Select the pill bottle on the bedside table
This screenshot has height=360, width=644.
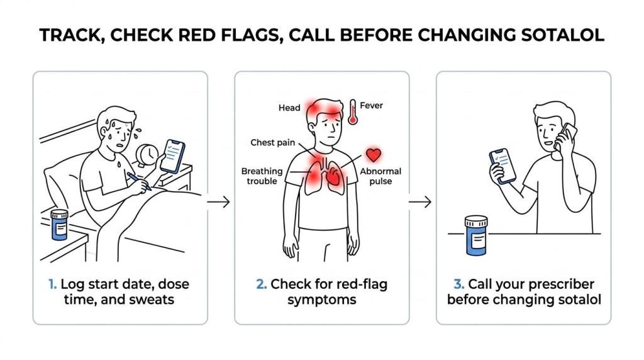pyautogui.click(x=59, y=225)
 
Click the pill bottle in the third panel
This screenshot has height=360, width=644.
pyautogui.click(x=476, y=235)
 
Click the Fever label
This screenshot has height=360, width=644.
pyautogui.click(x=371, y=106)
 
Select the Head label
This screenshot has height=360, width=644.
pyautogui.click(x=289, y=108)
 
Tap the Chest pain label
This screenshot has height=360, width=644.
pyautogui.click(x=273, y=143)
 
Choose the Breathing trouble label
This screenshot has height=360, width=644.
pyautogui.click(x=262, y=176)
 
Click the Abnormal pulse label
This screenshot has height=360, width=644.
pyautogui.click(x=380, y=176)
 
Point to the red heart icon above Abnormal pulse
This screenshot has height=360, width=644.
pyautogui.click(x=374, y=155)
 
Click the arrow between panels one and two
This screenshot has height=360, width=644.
pyautogui.click(x=218, y=202)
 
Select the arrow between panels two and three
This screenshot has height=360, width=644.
pyautogui.click(x=419, y=202)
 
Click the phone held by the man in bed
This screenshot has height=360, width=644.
pyautogui.click(x=172, y=156)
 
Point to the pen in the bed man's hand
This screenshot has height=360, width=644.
pyautogui.click(x=139, y=181)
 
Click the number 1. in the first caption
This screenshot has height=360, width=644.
pyautogui.click(x=53, y=284)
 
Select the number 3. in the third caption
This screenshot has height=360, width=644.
pyautogui.click(x=458, y=284)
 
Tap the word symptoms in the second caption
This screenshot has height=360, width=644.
pyautogui.click(x=322, y=300)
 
